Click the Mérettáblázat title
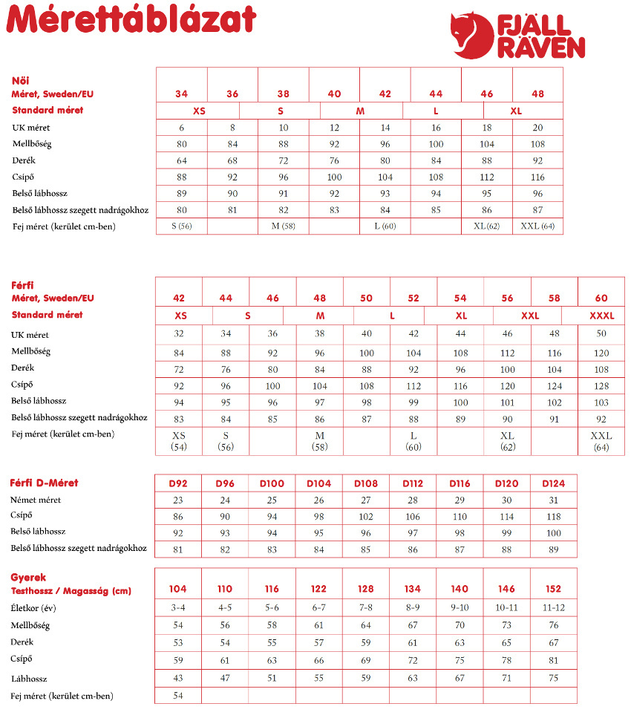pos(132,21)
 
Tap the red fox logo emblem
pos(473,35)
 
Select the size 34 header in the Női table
pos(182,94)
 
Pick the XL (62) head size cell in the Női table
pos(486,226)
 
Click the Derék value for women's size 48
pos(537,160)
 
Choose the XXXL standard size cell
pos(601,316)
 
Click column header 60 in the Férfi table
pos(601,298)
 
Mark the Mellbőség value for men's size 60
pos(601,353)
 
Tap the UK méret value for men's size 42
pos(179,334)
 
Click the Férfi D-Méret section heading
pos(44,483)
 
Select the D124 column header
pos(554,483)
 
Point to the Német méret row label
pos(36,500)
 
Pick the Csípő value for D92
pos(178,516)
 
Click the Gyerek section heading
pos(28,578)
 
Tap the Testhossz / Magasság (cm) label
pos(71,591)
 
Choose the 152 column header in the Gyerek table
pos(554,589)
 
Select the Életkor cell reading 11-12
pos(554,608)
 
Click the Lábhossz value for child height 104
pos(178,677)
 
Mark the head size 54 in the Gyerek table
pos(178,695)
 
